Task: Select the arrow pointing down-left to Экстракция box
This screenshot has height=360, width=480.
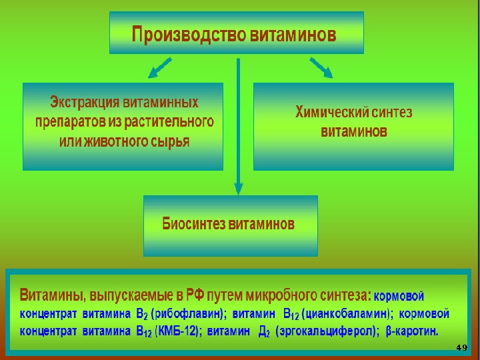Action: [x=160, y=67]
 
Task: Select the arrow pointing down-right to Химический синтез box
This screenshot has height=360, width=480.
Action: [x=321, y=67]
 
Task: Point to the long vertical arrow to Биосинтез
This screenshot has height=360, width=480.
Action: [x=237, y=127]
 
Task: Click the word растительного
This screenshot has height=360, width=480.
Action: [x=176, y=123]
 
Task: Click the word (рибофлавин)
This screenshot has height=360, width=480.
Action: [x=189, y=313]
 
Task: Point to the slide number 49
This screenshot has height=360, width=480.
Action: [x=461, y=347]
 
